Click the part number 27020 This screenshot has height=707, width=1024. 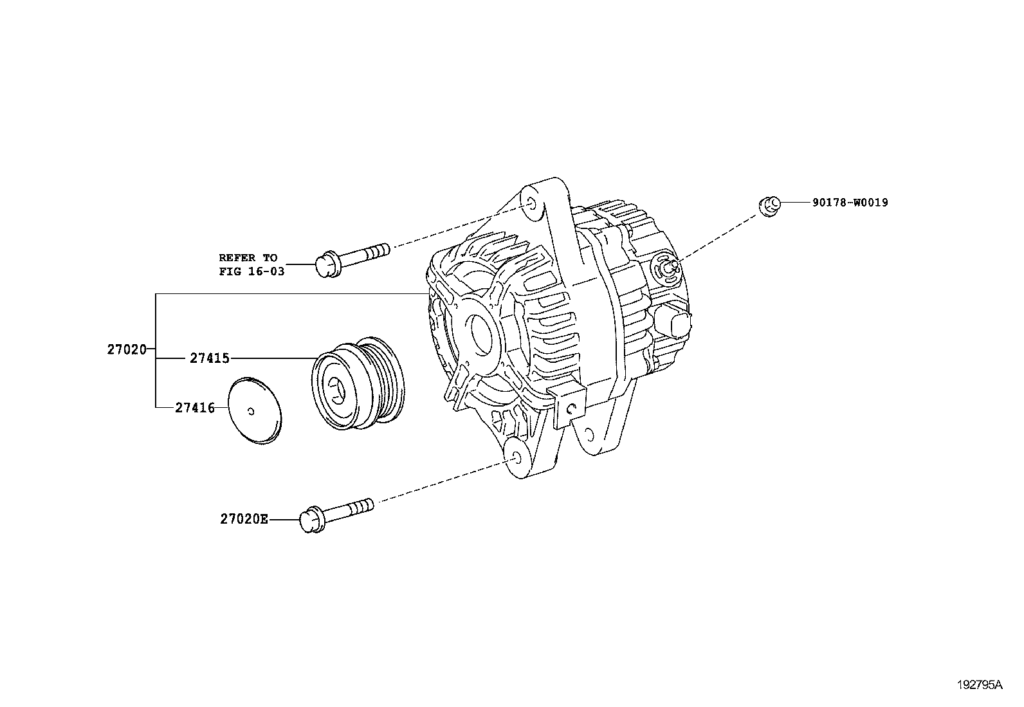pyautogui.click(x=127, y=350)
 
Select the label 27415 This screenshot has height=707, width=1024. pyautogui.click(x=210, y=358)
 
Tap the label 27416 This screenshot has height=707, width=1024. pyautogui.click(x=195, y=407)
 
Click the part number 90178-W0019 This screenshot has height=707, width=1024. pyautogui.click(x=850, y=203)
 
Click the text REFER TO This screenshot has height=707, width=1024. pyautogui.click(x=248, y=257)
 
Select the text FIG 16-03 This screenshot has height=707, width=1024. pyautogui.click(x=251, y=271)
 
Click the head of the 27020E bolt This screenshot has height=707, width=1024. pyautogui.click(x=311, y=520)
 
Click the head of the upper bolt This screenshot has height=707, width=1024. pyautogui.click(x=326, y=265)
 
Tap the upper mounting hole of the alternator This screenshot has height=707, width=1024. pyautogui.click(x=531, y=204)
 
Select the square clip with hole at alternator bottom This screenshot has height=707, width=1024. pyautogui.click(x=569, y=407)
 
